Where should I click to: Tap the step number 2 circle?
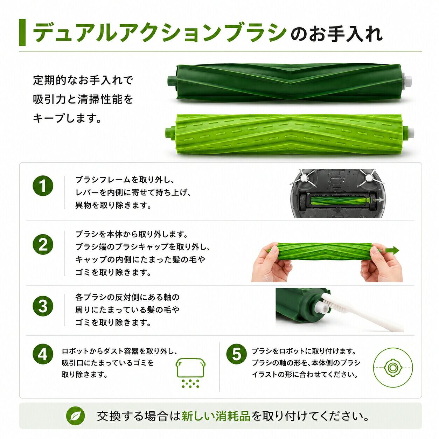(43, 245)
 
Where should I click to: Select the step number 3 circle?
(43, 306)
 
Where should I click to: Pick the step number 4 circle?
(43, 354)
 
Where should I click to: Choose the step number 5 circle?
(236, 354)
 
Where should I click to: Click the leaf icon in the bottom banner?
(75, 416)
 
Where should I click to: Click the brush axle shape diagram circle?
(393, 368)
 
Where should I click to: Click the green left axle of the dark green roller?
(172, 81)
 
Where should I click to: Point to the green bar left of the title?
(22, 32)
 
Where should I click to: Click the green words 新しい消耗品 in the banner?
(216, 416)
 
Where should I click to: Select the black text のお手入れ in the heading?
(336, 34)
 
